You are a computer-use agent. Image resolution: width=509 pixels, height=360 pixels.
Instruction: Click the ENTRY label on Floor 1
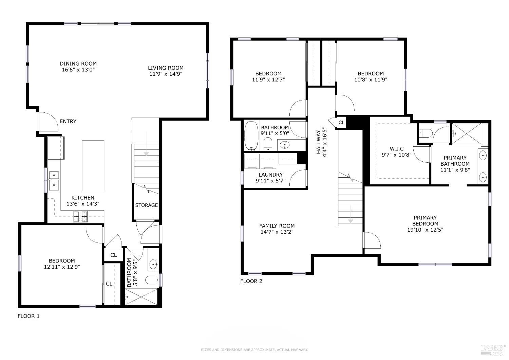pos(68,122)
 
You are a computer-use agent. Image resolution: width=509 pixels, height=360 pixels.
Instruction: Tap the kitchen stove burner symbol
pos(80,216)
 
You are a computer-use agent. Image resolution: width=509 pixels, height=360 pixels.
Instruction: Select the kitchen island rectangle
pos(93,165)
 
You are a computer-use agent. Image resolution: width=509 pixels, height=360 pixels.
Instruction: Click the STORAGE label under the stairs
pos(146,205)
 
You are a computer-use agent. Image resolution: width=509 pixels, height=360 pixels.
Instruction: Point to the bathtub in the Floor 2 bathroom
pos(251,136)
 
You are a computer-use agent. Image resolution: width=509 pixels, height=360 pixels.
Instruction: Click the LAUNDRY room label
pos(270,175)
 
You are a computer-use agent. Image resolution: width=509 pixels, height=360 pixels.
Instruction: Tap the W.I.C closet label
pos(397,149)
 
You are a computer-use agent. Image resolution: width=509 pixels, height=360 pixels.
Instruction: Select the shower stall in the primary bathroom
pos(466,134)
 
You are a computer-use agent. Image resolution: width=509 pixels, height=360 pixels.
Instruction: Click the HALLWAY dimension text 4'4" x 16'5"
pos(324,143)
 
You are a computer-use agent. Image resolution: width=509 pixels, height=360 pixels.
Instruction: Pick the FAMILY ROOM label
pos(277,226)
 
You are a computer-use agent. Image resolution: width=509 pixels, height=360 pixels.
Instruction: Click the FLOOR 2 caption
pos(251,281)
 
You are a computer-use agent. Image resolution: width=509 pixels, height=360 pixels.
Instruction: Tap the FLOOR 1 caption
pos(29,316)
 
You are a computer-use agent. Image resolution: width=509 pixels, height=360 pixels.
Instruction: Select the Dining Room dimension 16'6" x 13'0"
pos(78,70)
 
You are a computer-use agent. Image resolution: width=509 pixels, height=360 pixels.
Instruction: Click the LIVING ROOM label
pos(166,68)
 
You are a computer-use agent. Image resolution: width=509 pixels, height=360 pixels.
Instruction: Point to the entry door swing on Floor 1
pos(49,122)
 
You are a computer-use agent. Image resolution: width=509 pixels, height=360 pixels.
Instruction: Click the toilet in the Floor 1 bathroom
pos(152,280)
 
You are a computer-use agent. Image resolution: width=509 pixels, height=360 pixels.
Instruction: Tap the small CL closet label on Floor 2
pos(341,123)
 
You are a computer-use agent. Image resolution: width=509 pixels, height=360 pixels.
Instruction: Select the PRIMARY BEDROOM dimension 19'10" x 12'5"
pos(425,230)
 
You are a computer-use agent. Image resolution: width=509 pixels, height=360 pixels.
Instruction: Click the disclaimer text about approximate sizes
pos(254,350)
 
